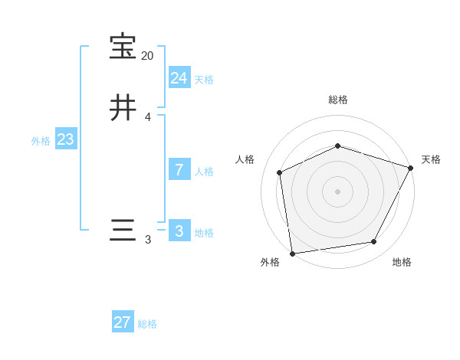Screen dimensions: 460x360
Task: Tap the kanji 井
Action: point(123,108)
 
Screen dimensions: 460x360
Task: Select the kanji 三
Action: point(123,231)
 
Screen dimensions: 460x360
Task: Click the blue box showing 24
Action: point(179,77)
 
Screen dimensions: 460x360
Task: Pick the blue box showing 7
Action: point(179,170)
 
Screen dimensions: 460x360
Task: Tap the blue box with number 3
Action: point(179,231)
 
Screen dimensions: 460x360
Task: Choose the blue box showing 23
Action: point(65,139)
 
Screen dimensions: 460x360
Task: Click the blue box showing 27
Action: point(123,322)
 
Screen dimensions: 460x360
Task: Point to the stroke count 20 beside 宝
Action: point(147,56)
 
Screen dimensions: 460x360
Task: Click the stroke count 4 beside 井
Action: point(147,117)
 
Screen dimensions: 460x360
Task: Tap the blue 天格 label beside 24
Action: point(204,79)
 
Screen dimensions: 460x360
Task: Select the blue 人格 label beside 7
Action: point(204,172)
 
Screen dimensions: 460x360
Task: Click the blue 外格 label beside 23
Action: point(40,141)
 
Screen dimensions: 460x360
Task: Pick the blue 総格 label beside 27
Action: point(147,324)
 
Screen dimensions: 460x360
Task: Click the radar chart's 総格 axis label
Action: point(338,100)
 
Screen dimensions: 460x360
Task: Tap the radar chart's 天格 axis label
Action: point(431,159)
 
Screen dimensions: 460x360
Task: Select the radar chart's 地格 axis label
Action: point(402,263)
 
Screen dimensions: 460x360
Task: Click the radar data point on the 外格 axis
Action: point(292,253)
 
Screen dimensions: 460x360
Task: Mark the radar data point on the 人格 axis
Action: point(280,172)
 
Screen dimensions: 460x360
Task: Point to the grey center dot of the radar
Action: point(337,191)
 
